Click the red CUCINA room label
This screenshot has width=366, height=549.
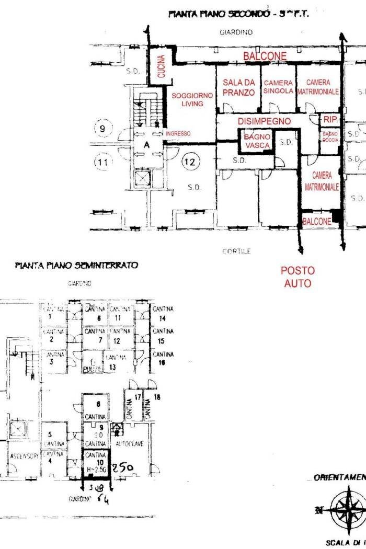(x=161, y=67)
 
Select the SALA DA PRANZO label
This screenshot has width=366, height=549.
(x=239, y=87)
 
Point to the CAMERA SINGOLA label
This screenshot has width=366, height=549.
(x=278, y=87)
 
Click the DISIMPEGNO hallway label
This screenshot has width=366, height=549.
(x=264, y=121)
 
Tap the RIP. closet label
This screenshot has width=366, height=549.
(x=330, y=120)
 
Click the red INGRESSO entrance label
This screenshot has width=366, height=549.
(x=178, y=134)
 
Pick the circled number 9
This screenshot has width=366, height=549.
(x=102, y=128)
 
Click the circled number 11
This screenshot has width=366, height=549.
(x=103, y=163)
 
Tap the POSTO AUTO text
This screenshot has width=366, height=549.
(x=298, y=277)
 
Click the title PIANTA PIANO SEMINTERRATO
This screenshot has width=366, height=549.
(x=76, y=266)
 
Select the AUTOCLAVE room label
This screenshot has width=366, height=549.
(x=133, y=443)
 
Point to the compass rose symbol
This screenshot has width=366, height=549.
(x=348, y=508)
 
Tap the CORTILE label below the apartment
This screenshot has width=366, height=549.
(x=236, y=251)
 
